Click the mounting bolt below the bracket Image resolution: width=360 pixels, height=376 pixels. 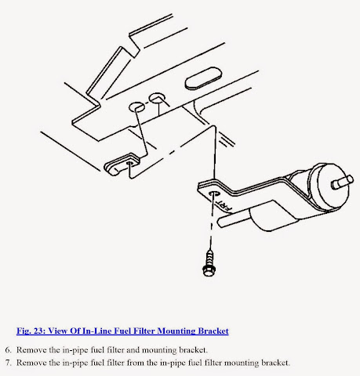coord(209,263)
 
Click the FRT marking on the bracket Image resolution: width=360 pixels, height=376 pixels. coord(224,205)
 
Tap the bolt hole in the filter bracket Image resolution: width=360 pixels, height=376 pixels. coord(214,194)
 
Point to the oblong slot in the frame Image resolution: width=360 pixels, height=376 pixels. coord(203,78)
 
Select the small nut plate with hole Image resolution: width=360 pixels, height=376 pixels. coord(122,164)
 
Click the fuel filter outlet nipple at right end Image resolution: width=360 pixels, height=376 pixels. coord(343,182)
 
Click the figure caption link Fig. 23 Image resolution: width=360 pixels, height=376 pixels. coord(31,331)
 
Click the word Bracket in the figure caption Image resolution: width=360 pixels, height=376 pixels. coord(213,331)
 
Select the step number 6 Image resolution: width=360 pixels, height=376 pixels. coord(8,350)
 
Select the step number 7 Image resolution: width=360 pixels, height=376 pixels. coord(8,363)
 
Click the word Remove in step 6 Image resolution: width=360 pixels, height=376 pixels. coord(31,350)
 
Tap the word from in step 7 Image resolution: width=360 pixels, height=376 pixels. coord(135,363)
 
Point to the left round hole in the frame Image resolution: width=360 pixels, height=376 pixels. coord(136,107)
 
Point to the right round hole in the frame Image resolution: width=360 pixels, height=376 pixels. coord(157,98)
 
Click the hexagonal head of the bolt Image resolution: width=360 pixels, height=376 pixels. coord(209,270)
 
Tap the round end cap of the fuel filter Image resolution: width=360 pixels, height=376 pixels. coord(333,185)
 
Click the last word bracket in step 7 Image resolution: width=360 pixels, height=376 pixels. coord(276,363)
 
